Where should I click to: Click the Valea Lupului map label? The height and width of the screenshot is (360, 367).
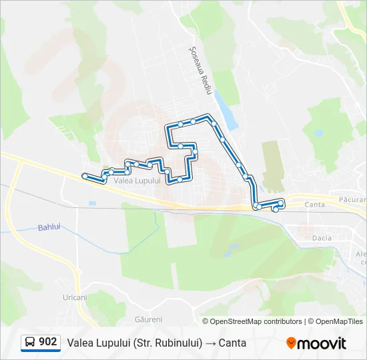(x=137, y=181)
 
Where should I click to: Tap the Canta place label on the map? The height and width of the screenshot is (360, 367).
(x=314, y=205)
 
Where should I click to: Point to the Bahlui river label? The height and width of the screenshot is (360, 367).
(x=49, y=226)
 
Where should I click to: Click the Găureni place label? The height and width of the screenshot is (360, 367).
(x=148, y=319)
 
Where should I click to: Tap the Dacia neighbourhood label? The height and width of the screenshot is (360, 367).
(x=322, y=237)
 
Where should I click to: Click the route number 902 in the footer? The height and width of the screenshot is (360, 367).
(x=47, y=342)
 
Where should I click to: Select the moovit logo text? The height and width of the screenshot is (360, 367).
(x=322, y=343)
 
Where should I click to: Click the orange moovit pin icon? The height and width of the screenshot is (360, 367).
(x=291, y=343)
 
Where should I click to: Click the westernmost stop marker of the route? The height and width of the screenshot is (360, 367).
(x=85, y=176)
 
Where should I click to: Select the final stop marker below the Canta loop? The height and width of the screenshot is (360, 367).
(x=276, y=210)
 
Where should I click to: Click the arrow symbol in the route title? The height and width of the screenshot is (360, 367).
(x=210, y=343)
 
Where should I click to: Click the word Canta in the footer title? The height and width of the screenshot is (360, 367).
(x=232, y=343)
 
